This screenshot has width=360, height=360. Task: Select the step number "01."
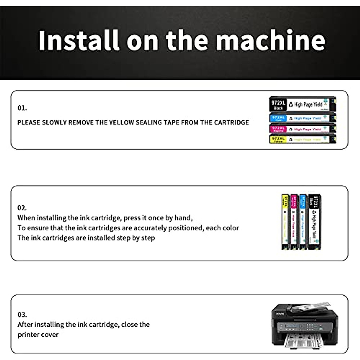click(x=22, y=108)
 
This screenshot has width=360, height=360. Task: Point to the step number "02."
click(x=22, y=208)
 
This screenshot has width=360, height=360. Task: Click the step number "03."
click(x=22, y=315)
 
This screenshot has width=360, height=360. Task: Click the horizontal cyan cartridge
click(x=302, y=118)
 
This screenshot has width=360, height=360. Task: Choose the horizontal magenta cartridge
click(x=302, y=129)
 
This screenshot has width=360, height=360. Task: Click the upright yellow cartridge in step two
click(x=285, y=222)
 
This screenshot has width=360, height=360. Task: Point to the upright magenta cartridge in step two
click(x=294, y=222)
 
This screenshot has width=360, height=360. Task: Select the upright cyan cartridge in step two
click(x=303, y=222)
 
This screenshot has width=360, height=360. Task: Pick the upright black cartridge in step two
click(x=315, y=222)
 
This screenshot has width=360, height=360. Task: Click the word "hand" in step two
click(x=183, y=218)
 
